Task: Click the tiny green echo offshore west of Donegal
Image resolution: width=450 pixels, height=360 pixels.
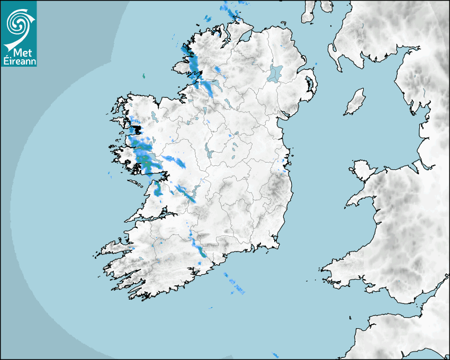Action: (143, 77)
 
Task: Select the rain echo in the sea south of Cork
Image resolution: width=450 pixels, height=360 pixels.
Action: (235, 286)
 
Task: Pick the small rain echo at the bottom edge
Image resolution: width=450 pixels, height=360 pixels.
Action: (275, 354)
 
